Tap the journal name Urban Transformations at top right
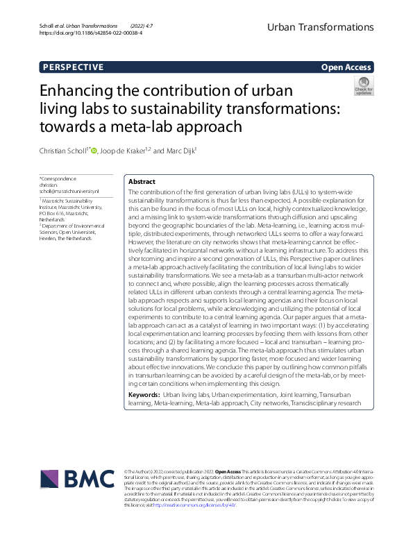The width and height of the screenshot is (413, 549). pos(321,27)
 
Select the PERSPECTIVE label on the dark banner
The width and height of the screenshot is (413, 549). pos(73,67)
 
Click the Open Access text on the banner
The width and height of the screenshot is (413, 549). pos(347,67)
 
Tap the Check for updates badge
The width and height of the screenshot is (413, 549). pos(364,87)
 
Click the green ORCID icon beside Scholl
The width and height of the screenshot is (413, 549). pos(94,151)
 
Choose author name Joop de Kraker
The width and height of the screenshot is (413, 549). pos(122,151)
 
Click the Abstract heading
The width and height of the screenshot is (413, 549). pos(142,181)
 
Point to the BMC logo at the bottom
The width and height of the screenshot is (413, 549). pos(78,478)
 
